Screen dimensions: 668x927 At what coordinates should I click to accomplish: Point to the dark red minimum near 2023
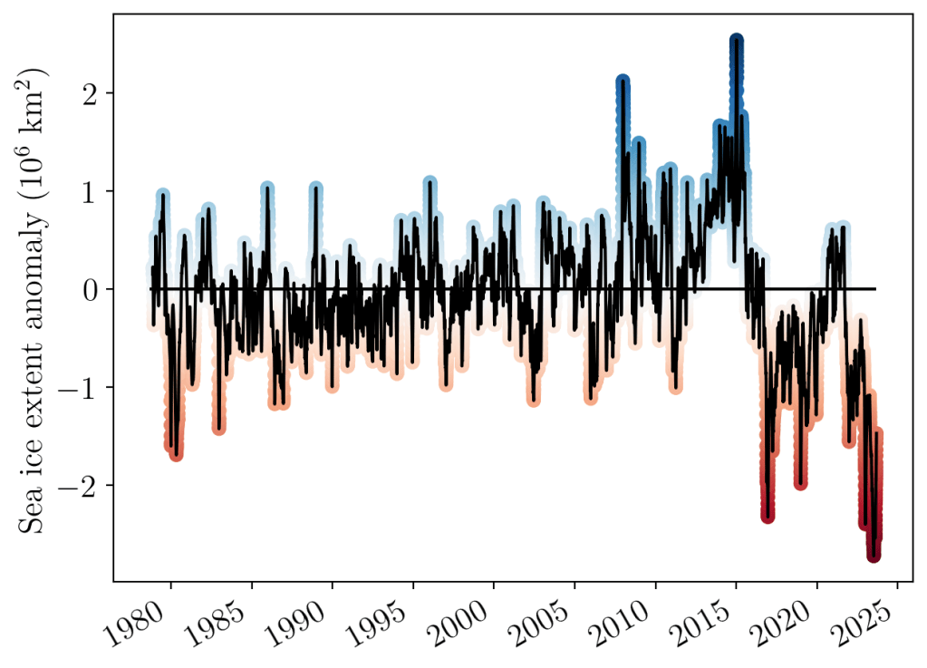(874, 555)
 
